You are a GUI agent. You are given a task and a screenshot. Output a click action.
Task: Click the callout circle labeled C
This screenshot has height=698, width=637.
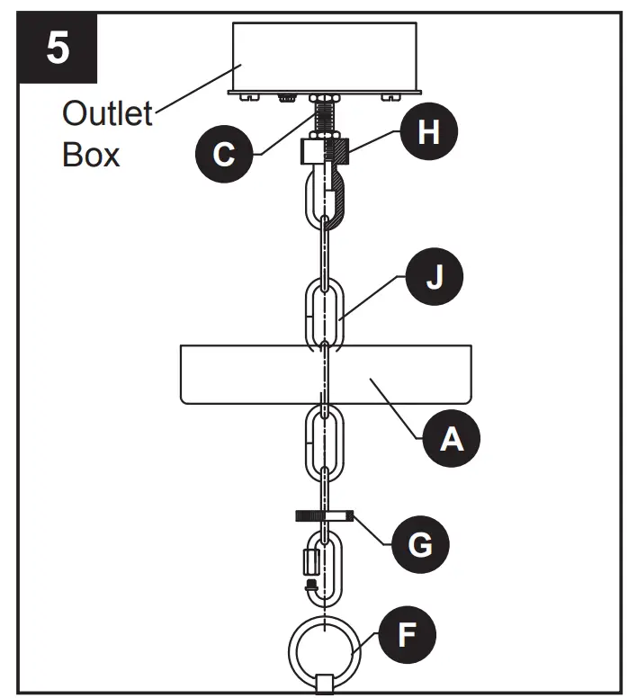[222, 154]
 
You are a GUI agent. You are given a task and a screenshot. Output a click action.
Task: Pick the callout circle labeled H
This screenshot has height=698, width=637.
[430, 132]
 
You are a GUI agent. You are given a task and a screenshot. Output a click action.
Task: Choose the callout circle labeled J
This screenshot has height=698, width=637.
[434, 280]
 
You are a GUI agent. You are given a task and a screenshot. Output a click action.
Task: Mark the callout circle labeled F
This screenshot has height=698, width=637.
[407, 636]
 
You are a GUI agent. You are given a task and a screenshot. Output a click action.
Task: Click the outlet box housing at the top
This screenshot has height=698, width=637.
[325, 58]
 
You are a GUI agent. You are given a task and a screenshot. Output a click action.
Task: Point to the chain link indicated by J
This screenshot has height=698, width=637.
[324, 314]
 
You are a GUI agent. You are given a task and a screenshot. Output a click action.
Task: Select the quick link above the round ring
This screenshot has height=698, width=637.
[323, 568]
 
